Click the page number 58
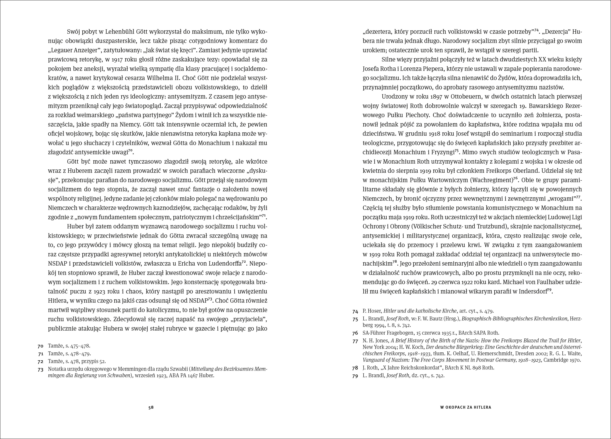[151, 407]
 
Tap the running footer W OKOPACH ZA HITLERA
[466, 407]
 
